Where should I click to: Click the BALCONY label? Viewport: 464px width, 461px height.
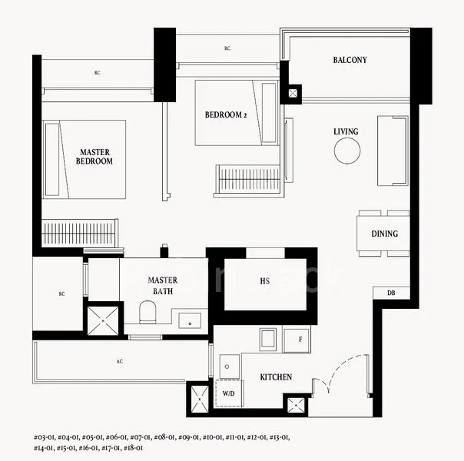pos(350,60)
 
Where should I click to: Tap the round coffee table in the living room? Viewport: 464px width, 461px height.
pos(346,151)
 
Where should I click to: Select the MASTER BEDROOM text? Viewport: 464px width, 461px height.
pos(96,157)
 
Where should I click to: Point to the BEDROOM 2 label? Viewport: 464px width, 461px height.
pos(225,115)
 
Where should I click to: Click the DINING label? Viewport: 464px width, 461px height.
pos(384,234)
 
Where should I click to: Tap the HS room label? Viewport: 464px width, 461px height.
pos(264,281)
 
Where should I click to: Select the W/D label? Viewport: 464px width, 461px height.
pos(229,393)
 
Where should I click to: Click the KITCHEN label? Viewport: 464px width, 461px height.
pos(276,378)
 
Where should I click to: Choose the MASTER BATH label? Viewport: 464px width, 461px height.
pos(163,286)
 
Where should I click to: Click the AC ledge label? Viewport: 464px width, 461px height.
pos(119,361)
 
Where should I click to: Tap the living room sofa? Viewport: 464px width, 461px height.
pos(392,151)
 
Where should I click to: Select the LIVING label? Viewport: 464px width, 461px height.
pos(346,131)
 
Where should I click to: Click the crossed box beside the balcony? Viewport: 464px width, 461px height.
pos(293,93)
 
